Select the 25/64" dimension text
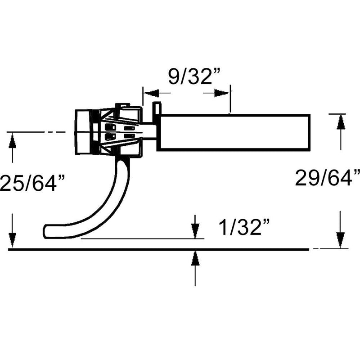(32, 184)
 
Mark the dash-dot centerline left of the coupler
(36, 132)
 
